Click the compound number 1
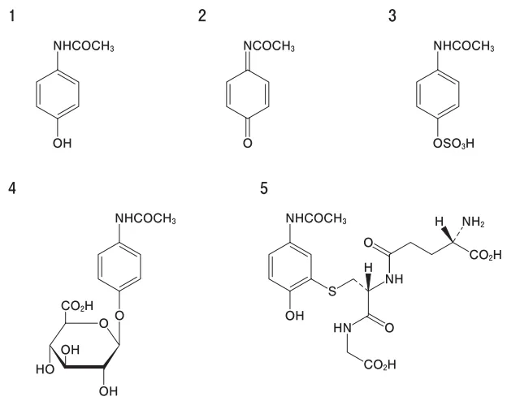click(12, 16)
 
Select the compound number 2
click(202, 16)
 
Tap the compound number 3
click(392, 16)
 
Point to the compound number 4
click(12, 188)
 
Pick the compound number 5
click(264, 188)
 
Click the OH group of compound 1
click(62, 143)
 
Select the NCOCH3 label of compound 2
click(269, 46)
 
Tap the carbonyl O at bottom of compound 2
click(248, 143)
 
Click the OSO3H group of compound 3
click(453, 143)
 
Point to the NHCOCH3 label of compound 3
click(464, 46)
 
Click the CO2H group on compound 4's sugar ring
click(77, 305)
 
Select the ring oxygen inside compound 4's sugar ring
click(104, 323)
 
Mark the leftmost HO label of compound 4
click(45, 369)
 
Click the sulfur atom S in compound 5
click(332, 291)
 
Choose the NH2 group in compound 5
click(474, 222)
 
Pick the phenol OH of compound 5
click(295, 316)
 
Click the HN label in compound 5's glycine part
click(342, 328)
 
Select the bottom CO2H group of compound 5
click(379, 364)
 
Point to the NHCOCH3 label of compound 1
click(84, 46)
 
